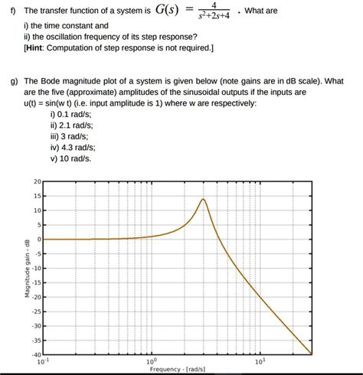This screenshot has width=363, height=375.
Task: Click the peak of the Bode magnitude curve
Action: click(204, 199)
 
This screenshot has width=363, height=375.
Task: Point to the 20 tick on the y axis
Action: click(38, 181)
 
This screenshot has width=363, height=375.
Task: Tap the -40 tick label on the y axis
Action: click(37, 354)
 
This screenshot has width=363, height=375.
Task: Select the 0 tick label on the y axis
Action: click(40, 239)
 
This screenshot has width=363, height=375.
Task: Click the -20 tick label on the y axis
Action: click(37, 297)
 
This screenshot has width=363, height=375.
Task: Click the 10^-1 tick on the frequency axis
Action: click(47, 360)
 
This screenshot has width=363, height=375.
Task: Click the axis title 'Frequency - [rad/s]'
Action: click(177, 369)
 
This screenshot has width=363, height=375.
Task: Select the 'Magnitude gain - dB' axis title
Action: click(27, 268)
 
